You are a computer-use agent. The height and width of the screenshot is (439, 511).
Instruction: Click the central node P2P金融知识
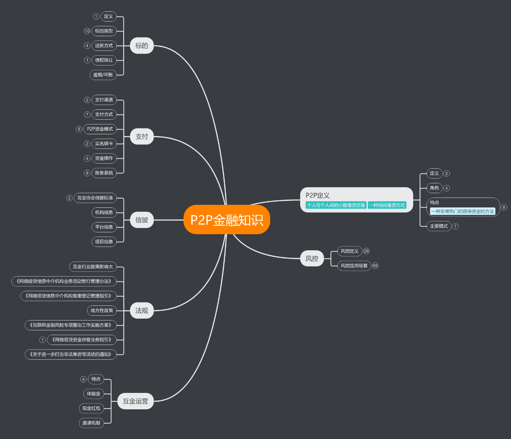pyautogui.click(x=227, y=220)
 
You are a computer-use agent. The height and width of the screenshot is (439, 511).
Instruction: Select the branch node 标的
pyautogui.click(x=142, y=46)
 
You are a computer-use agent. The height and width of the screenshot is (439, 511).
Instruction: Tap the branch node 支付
pyautogui.click(x=142, y=136)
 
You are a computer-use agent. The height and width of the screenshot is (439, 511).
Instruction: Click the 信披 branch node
pyautogui.click(x=142, y=220)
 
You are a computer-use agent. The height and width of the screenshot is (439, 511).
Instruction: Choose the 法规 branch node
pyautogui.click(x=142, y=311)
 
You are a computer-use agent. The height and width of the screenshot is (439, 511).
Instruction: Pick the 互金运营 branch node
pyautogui.click(x=135, y=401)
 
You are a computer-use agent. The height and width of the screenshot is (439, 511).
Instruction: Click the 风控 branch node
pyautogui.click(x=312, y=259)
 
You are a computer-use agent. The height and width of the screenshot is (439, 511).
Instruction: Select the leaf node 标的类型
pyautogui.click(x=104, y=31)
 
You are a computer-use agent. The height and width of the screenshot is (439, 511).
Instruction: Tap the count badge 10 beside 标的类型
pyautogui.click(x=87, y=31)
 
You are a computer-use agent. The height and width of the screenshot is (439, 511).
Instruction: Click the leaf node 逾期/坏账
pyautogui.click(x=103, y=75)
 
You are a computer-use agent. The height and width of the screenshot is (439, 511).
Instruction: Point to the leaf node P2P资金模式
pyautogui.click(x=100, y=129)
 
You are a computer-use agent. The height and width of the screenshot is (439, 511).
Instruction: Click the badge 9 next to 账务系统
pyautogui.click(x=87, y=173)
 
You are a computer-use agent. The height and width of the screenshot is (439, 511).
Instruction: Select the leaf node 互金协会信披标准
pyautogui.click(x=95, y=198)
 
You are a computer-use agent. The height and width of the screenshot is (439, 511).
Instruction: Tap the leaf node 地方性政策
pyautogui.click(x=102, y=311)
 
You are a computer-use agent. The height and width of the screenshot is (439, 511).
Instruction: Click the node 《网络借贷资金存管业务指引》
pyautogui.click(x=82, y=340)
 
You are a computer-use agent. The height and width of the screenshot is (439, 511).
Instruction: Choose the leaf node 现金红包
pyautogui.click(x=91, y=409)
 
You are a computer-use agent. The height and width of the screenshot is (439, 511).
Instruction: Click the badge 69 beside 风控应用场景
pyautogui.click(x=375, y=266)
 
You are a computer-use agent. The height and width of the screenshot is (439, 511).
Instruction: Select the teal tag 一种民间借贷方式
pyautogui.click(x=387, y=205)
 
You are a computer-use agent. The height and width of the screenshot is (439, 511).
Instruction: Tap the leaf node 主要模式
pyautogui.click(x=439, y=226)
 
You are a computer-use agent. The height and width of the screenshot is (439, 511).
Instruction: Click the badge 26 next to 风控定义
pyautogui.click(x=366, y=251)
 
